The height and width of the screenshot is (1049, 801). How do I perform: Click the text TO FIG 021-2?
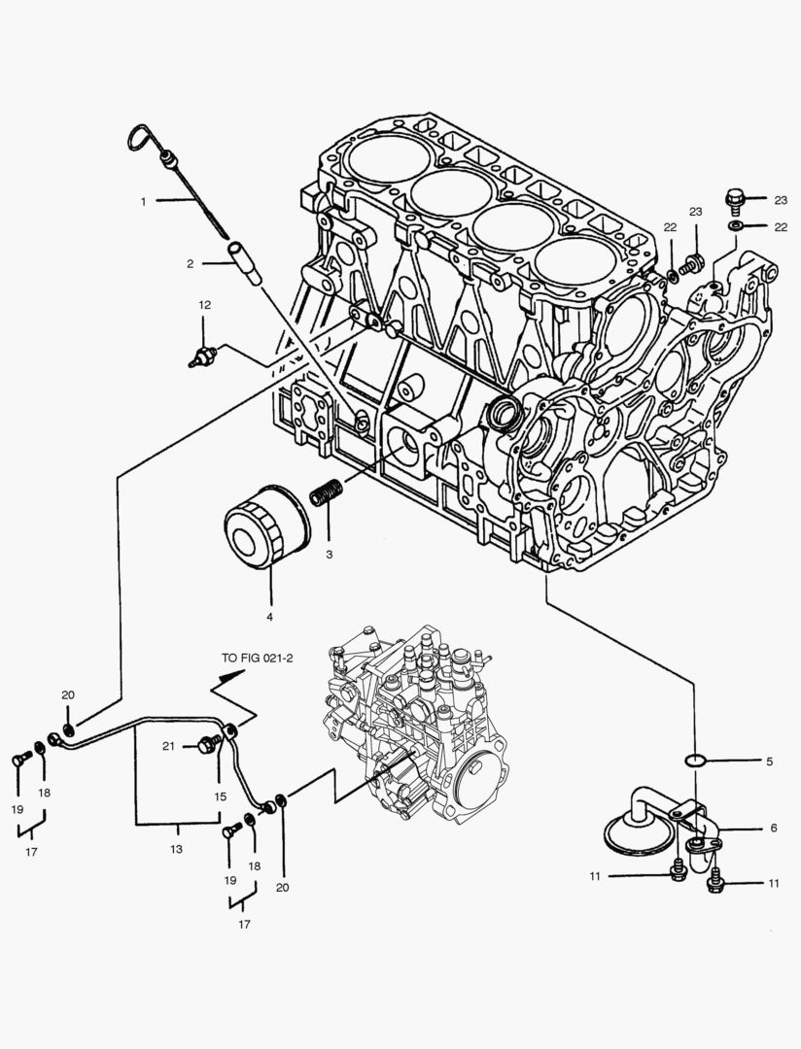coord(257,658)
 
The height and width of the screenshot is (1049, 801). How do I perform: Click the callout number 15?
coord(221,795)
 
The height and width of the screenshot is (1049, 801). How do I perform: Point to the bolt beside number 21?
coord(207,745)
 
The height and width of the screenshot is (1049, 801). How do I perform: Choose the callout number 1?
coord(143,201)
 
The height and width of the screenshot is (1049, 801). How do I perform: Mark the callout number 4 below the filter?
coord(270,617)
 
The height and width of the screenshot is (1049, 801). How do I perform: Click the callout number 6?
coord(773,828)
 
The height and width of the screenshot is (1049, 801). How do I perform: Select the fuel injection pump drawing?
coord(418,724)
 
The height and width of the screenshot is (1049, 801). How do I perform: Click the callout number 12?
coord(204,305)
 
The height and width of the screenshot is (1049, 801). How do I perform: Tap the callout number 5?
coord(769,761)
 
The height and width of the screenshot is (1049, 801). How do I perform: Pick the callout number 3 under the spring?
coord(329,554)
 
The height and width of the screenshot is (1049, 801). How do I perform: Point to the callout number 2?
coord(192,263)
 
